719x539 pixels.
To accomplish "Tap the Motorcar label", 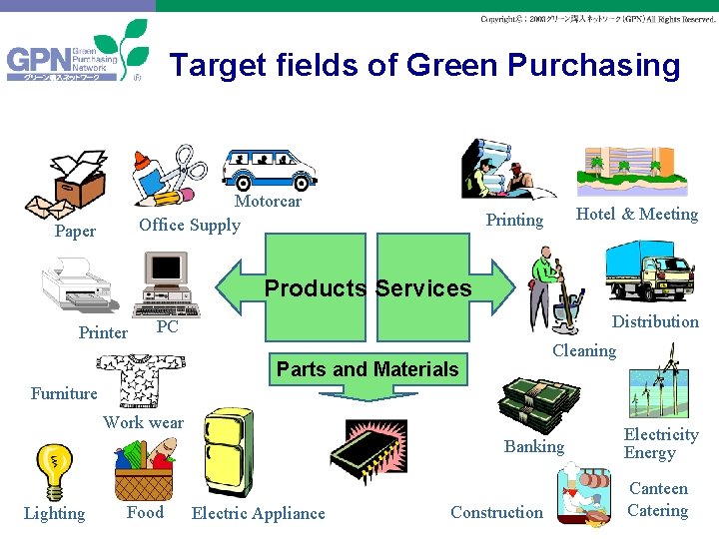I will (x=268, y=202).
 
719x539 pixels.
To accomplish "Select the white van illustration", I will (x=269, y=168).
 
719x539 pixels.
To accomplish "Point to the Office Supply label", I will (x=190, y=225).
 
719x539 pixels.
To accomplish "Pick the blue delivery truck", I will (x=649, y=270).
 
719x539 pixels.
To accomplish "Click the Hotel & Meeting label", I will (x=637, y=214).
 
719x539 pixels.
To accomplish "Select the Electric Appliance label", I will (x=258, y=513).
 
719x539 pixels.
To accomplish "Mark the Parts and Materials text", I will (x=367, y=369).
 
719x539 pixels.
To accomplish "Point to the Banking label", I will (x=534, y=446).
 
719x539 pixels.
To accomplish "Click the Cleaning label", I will (x=584, y=350).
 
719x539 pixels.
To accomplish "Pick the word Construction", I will (x=496, y=512).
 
